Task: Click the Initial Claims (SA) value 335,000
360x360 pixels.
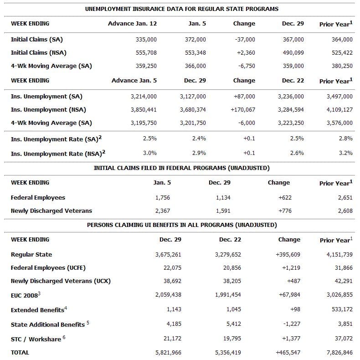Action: [x=146, y=40]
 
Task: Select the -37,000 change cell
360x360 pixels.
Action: [x=245, y=40]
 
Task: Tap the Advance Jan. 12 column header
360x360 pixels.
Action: [x=132, y=23]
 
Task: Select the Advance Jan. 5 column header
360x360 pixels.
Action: [x=134, y=80]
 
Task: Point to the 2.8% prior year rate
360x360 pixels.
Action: [x=345, y=139]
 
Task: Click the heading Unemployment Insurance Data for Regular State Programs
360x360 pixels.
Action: [x=182, y=9]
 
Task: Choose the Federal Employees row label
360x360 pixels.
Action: [x=38, y=198]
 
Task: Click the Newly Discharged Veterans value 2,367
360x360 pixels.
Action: [x=163, y=211]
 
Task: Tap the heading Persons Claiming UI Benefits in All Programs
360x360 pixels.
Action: [x=182, y=225]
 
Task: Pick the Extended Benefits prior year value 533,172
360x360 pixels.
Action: [x=341, y=310]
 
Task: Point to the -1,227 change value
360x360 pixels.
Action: [x=291, y=324]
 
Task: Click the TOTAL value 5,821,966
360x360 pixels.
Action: [x=168, y=353]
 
